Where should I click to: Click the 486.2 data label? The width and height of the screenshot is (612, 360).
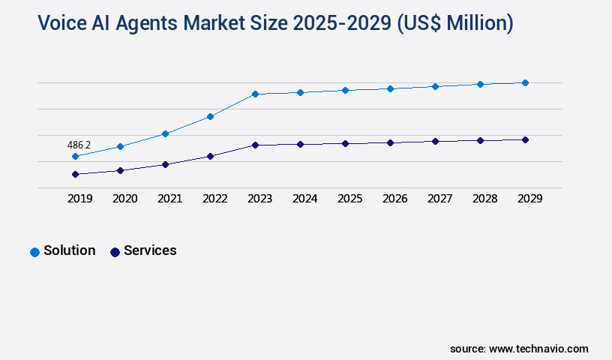point(79,145)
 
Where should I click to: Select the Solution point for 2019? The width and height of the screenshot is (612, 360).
point(75,156)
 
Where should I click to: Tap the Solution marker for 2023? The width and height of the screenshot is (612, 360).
point(255,94)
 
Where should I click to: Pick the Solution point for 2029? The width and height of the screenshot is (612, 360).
point(525,82)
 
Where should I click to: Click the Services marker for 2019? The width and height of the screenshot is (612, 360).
point(75,174)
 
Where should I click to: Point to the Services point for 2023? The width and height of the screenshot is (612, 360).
point(255,145)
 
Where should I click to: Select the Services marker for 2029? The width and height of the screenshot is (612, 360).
point(525,139)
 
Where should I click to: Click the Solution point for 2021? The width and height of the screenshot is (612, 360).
point(165,133)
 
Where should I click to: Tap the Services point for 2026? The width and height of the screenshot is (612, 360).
point(390,142)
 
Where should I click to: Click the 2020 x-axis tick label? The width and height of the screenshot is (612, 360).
point(124,199)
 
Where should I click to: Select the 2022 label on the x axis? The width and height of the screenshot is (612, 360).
point(214,199)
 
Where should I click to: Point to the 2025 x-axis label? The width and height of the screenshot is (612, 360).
point(349,199)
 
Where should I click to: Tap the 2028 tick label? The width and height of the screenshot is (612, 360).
point(484,199)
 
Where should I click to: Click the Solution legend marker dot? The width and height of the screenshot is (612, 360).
point(34,252)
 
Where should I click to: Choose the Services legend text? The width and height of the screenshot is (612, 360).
point(150,250)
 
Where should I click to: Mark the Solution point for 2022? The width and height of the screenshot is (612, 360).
point(210,116)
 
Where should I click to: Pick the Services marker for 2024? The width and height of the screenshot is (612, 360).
point(300,144)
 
